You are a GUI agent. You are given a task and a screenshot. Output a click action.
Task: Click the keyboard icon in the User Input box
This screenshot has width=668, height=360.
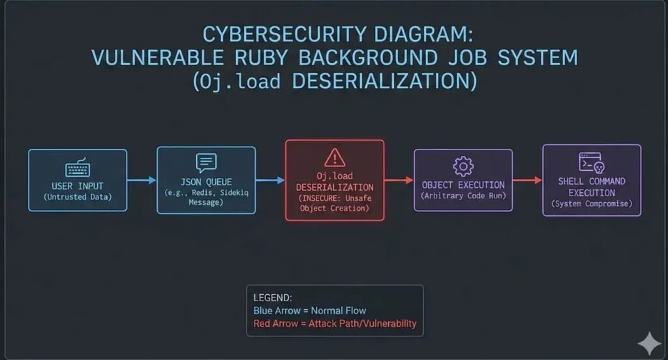point(77,170)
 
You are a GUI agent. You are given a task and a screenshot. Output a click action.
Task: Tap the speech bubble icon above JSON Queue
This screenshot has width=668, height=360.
point(205,162)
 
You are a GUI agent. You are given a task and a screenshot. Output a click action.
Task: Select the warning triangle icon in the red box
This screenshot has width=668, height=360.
point(335,157)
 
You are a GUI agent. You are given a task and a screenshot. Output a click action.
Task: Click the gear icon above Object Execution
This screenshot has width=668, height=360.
point(463,165)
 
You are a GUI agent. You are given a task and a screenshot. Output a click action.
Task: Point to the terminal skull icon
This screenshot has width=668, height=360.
point(591,162)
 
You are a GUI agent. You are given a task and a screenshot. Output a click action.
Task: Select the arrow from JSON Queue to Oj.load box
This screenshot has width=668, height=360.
point(270,180)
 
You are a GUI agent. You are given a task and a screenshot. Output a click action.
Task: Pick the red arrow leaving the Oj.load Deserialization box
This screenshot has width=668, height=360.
point(399,180)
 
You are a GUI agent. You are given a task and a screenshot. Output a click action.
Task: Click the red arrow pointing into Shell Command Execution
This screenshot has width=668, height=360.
point(527,180)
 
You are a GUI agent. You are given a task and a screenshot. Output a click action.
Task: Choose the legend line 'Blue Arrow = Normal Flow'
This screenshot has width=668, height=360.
point(310,310)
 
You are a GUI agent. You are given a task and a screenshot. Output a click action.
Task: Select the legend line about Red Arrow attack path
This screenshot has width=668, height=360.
point(335,323)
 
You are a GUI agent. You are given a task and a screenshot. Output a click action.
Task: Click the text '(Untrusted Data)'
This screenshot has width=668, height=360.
point(77,197)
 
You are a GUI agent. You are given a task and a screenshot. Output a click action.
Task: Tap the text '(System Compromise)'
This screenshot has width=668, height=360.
point(591,203)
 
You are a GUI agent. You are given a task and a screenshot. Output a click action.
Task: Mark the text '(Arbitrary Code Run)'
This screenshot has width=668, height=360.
point(463,196)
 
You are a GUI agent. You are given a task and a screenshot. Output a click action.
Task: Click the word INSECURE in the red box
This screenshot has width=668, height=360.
point(320,198)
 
